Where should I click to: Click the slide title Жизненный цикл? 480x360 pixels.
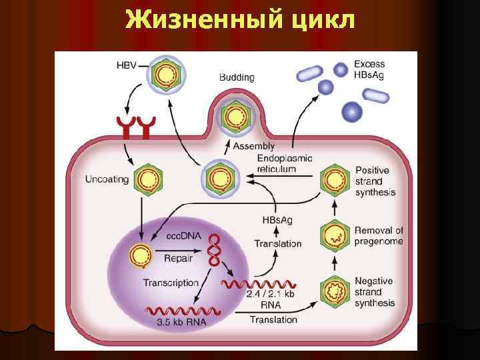point(240,20)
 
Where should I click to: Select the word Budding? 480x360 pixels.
point(237,77)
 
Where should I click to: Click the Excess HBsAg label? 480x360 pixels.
point(369,69)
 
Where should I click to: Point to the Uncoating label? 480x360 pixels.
point(107,179)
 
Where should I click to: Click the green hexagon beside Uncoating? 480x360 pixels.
point(149,180)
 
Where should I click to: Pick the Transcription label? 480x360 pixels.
point(171,283)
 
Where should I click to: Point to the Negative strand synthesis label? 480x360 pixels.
point(375,292)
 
